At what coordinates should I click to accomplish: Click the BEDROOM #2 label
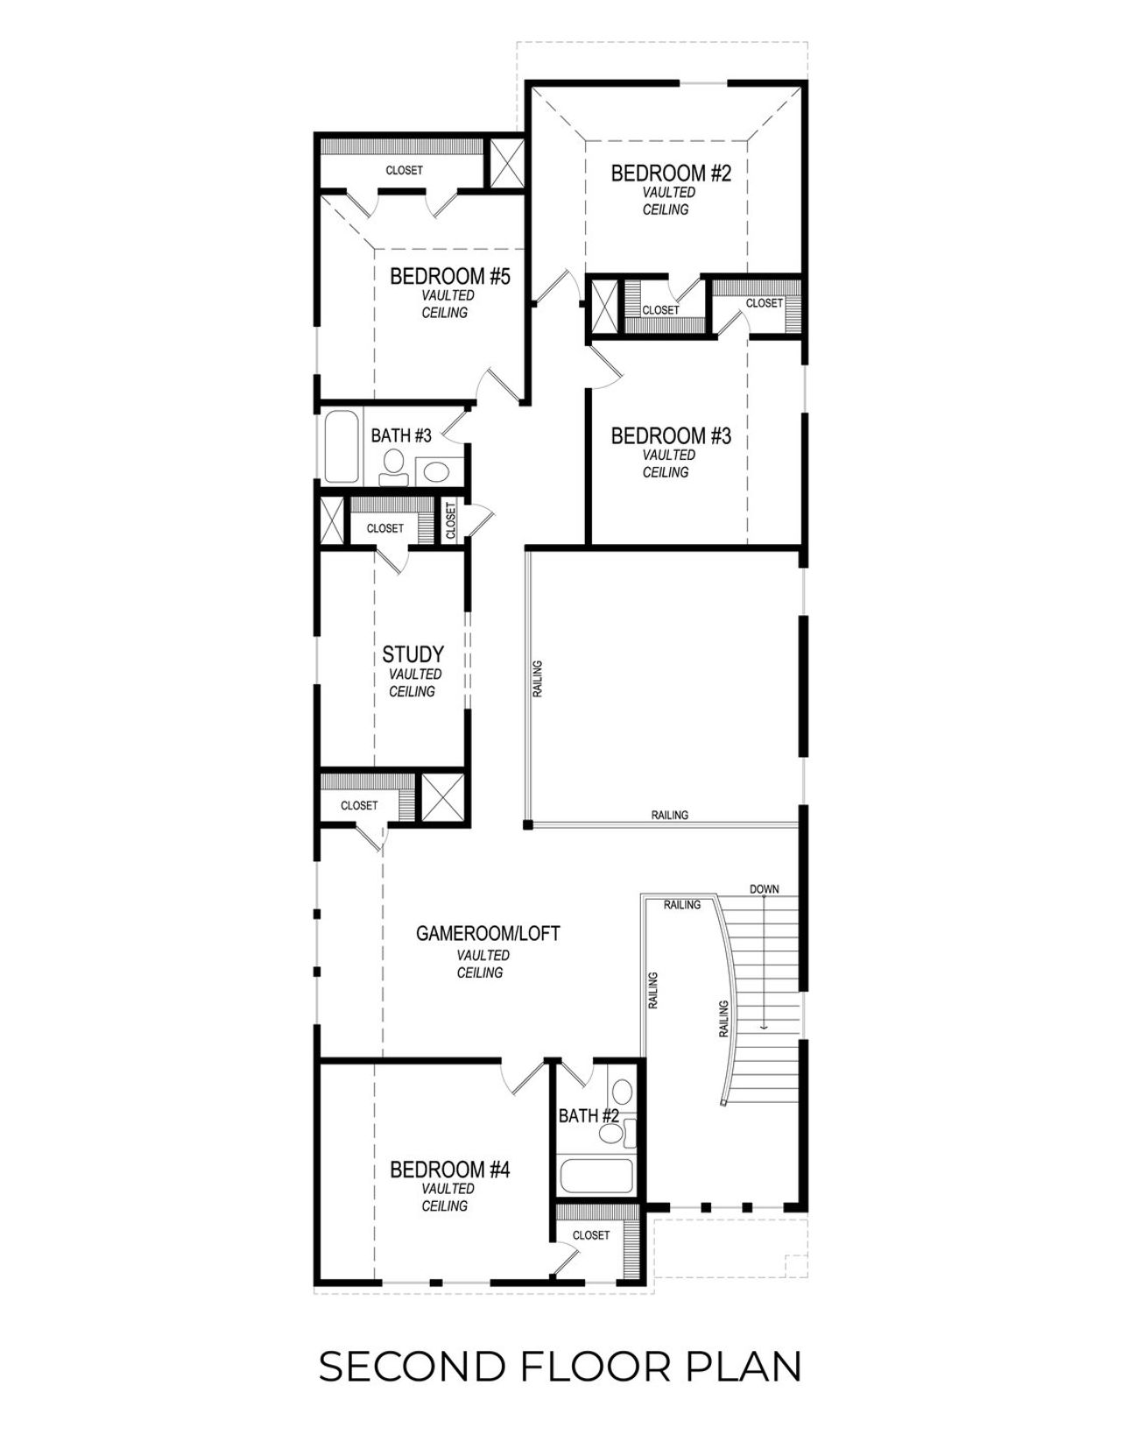(x=670, y=173)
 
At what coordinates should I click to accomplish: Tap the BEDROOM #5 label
(x=449, y=277)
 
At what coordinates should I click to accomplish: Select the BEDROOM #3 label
(x=670, y=435)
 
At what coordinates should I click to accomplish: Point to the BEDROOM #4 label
(x=449, y=1170)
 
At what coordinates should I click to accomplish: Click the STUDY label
(x=412, y=654)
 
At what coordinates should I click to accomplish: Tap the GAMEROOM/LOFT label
(x=487, y=934)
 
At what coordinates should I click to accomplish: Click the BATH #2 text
(x=589, y=1116)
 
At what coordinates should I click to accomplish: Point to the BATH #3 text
(x=401, y=435)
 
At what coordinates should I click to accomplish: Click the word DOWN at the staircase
(x=764, y=889)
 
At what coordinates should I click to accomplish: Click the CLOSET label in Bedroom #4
(x=590, y=1235)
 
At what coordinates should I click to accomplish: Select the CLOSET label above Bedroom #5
(x=404, y=170)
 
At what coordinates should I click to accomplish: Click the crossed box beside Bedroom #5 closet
(x=505, y=163)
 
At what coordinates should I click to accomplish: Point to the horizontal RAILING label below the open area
(x=669, y=815)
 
